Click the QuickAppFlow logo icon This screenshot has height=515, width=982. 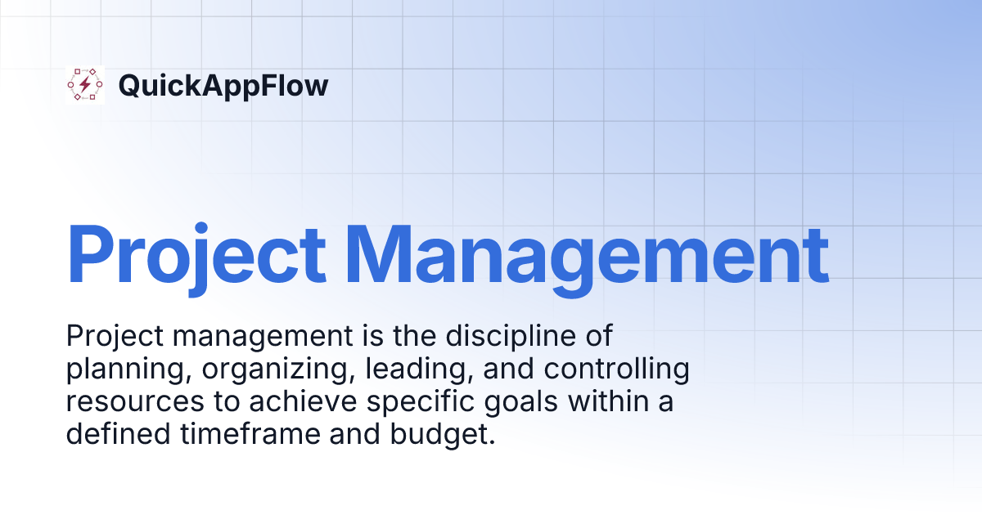click(85, 85)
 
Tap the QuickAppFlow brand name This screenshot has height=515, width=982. click(223, 85)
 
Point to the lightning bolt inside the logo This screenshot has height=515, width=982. click(85, 85)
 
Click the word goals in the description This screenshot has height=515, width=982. click(499, 403)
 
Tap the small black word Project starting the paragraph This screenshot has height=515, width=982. click(106, 337)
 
